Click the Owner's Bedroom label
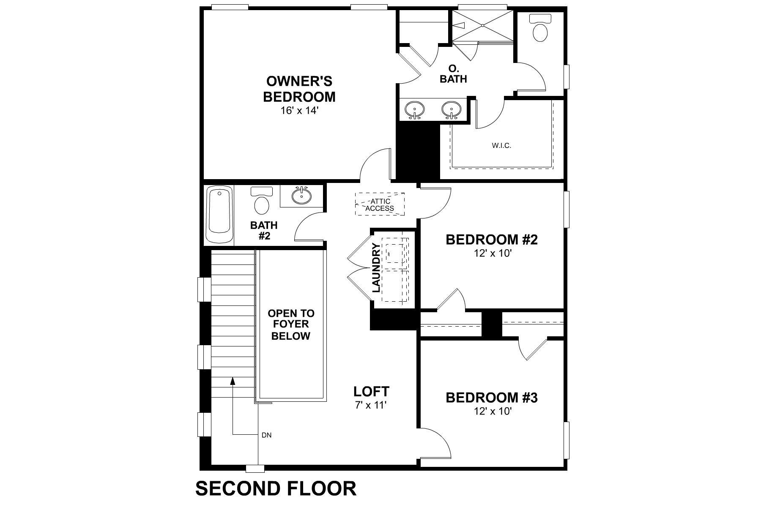click(x=299, y=89)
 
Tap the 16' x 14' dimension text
click(x=299, y=111)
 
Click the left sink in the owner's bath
click(x=414, y=110)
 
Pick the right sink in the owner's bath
click(x=452, y=110)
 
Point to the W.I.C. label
click(x=501, y=146)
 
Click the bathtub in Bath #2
click(x=219, y=216)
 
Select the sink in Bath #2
click(x=301, y=196)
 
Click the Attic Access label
click(x=380, y=205)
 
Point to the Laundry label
click(x=375, y=268)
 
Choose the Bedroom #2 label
click(x=492, y=240)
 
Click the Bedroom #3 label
click(x=492, y=398)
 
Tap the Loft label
click(x=371, y=391)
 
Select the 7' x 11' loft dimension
click(x=371, y=405)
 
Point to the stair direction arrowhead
click(x=233, y=381)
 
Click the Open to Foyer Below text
click(x=291, y=324)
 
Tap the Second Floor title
click(x=276, y=488)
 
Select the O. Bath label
click(x=453, y=74)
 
